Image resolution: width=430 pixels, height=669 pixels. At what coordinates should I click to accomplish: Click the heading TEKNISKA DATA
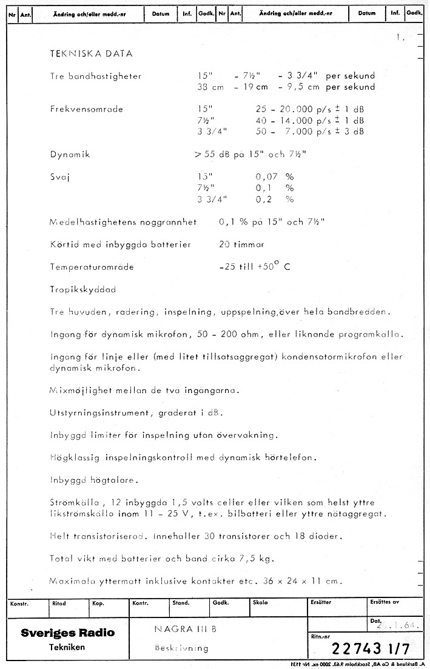(91, 54)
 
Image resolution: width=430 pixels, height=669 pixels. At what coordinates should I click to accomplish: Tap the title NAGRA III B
(181, 629)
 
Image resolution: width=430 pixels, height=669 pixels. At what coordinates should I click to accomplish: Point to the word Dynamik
(70, 155)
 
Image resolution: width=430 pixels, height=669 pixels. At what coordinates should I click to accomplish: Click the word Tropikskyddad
(83, 289)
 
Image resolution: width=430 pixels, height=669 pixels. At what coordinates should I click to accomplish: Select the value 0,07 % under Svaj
(274, 176)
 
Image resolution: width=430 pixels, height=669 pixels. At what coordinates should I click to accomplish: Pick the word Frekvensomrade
(87, 110)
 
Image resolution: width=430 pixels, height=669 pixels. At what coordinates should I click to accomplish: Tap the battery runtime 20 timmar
(241, 245)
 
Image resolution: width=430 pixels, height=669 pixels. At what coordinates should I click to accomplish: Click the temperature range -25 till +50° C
(254, 267)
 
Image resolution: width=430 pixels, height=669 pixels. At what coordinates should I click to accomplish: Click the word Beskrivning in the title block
(181, 648)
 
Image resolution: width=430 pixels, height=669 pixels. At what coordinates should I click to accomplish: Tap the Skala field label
(260, 603)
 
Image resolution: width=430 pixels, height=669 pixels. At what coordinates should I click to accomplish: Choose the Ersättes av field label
(385, 603)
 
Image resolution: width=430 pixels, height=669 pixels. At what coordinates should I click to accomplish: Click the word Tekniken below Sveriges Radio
(67, 648)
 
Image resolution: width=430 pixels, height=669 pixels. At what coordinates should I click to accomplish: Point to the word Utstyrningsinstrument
(100, 413)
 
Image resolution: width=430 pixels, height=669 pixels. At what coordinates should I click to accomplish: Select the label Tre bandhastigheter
(96, 76)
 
